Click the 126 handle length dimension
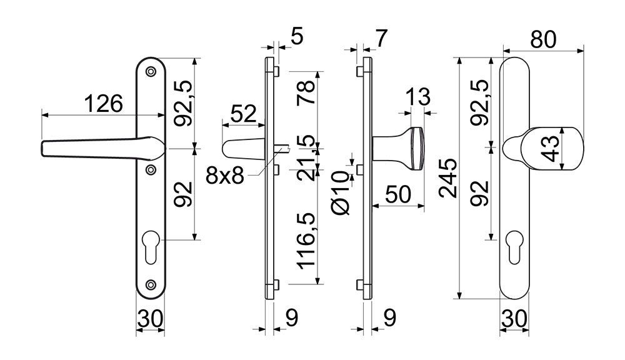[104, 104]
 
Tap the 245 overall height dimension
[447, 178]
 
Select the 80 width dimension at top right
[543, 39]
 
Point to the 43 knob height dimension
[552, 149]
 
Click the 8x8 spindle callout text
[225, 176]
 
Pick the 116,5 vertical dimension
[307, 241]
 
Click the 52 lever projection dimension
[244, 114]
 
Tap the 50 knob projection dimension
[398, 195]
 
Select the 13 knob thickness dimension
[417, 97]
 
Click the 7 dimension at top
[381, 39]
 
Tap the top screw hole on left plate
[151, 71]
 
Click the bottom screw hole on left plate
[151, 284]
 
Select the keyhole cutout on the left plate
[151, 247]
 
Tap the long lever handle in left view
[103, 147]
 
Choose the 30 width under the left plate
[150, 319]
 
